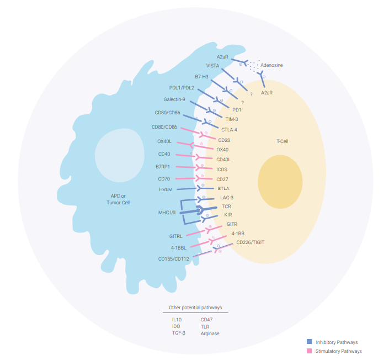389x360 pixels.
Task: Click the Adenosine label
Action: coord(271,65)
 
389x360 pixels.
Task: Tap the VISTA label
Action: coord(212,65)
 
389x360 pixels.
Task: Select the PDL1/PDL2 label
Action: coord(182,88)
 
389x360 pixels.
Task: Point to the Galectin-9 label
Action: coord(175,99)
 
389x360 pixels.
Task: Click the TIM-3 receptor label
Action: coord(232,119)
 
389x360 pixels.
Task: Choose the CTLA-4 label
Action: coord(229,130)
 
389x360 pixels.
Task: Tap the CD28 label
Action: coord(223,140)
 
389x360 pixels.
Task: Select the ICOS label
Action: coord(222,170)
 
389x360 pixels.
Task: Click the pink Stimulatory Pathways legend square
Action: coord(310,351)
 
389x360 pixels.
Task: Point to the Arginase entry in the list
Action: coord(210,333)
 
